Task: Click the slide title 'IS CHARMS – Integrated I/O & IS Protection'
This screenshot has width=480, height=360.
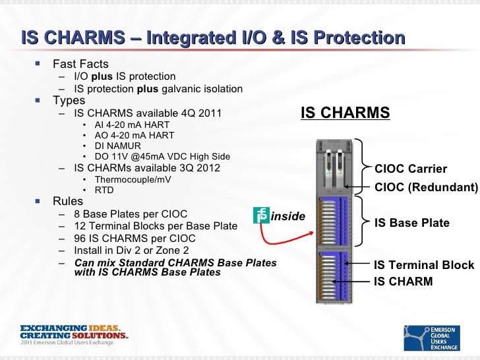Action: click(x=212, y=38)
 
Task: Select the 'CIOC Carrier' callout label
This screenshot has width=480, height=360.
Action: click(x=410, y=169)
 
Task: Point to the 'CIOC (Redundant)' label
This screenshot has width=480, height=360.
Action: click(x=425, y=187)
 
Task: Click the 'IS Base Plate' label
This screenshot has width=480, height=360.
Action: click(x=411, y=223)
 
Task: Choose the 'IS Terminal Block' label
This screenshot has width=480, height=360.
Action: click(x=423, y=265)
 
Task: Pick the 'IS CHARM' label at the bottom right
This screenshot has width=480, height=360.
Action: click(x=404, y=282)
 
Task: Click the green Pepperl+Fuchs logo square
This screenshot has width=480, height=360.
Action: click(x=261, y=215)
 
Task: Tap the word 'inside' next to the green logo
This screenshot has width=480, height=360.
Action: click(x=288, y=216)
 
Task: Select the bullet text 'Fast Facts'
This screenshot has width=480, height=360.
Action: click(x=80, y=65)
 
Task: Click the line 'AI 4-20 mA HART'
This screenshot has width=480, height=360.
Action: click(x=132, y=125)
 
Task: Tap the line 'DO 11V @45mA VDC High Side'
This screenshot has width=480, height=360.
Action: click(x=162, y=156)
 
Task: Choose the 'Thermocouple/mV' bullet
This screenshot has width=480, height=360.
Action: click(x=132, y=179)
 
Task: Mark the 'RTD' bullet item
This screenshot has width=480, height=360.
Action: click(x=104, y=191)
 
